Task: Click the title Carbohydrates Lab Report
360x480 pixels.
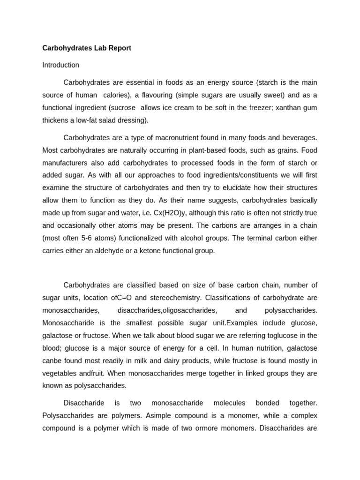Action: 87,48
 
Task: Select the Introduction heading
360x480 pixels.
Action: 60,65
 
